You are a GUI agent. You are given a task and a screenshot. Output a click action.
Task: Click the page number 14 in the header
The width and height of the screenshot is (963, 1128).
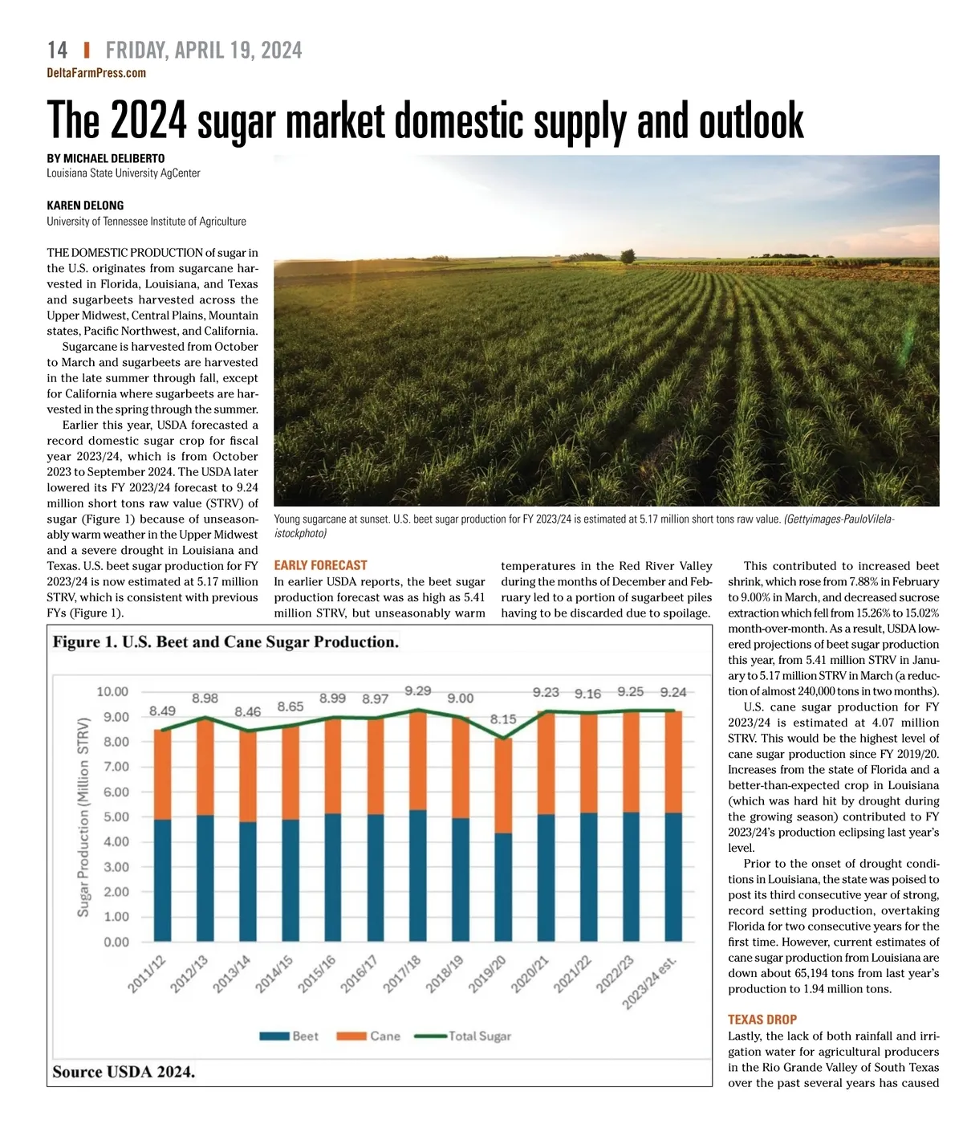(57, 50)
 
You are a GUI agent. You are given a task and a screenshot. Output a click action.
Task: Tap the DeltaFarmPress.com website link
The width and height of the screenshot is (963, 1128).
(96, 73)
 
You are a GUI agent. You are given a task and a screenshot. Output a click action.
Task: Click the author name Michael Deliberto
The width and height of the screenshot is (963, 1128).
(105, 158)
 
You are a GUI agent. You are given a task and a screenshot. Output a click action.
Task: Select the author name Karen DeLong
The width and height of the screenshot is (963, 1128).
(85, 206)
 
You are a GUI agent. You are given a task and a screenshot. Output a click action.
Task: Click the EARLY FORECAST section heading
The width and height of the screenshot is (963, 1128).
(320, 565)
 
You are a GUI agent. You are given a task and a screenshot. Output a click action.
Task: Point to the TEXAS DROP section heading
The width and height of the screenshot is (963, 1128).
(762, 1020)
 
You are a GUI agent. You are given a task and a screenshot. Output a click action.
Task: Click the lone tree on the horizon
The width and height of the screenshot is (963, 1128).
(628, 256)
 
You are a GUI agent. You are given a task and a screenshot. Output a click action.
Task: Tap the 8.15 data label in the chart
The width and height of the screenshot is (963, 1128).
(503, 719)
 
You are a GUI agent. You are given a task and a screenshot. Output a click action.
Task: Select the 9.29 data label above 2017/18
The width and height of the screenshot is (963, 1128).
(417, 690)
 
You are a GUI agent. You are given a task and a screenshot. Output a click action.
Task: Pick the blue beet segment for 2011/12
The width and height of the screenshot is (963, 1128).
(163, 880)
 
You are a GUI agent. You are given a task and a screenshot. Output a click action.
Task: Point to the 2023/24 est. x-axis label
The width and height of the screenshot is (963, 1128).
(649, 983)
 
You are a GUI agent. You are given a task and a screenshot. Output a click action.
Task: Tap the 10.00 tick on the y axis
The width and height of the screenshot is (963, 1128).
(112, 691)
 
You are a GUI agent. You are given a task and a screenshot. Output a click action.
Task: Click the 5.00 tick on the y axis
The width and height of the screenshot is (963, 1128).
(116, 816)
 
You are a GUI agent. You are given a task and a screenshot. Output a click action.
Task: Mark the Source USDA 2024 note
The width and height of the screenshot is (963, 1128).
(124, 1072)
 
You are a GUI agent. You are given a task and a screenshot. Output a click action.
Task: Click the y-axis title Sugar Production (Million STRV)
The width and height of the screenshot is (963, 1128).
(83, 817)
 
